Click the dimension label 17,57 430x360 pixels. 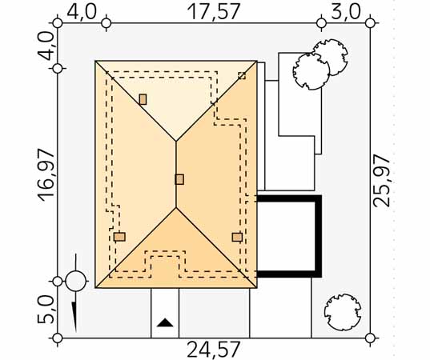[x=214, y=11]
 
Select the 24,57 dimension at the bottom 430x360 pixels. [x=214, y=349]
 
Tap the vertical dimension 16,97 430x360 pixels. [x=46, y=175]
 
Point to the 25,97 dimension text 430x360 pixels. [x=381, y=181]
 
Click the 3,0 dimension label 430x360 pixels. [x=346, y=12]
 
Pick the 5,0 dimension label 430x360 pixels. [x=46, y=310]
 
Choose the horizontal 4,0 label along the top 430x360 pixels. [x=82, y=12]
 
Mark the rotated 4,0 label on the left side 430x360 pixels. [x=46, y=46]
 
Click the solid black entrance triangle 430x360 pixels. [x=165, y=322]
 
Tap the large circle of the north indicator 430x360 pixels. [x=76, y=281]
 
